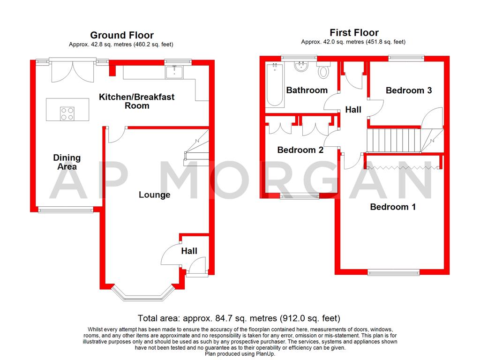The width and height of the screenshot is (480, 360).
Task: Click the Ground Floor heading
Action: (121, 35)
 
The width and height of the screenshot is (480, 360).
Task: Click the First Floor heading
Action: (354, 32)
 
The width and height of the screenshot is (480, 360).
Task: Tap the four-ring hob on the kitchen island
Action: (67, 113)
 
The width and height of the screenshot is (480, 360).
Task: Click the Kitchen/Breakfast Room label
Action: (136, 101)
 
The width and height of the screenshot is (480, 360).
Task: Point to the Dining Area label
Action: (67, 162)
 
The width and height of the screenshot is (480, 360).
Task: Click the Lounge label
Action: (154, 195)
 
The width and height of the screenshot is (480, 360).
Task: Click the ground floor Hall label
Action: (189, 251)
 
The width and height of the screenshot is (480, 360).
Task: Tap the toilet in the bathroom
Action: (323, 72)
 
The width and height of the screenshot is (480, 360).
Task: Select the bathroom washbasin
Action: (301, 67)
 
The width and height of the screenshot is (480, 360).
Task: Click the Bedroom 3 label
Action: (408, 90)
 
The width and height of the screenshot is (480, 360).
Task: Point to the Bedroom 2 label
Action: (300, 150)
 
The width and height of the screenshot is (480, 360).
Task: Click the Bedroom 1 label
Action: (393, 207)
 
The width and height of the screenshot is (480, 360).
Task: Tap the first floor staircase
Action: (396, 140)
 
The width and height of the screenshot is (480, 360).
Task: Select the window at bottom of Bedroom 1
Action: (393, 272)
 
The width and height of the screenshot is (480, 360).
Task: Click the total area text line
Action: (239, 318)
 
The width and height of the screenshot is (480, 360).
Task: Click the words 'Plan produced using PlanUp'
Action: (240, 354)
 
